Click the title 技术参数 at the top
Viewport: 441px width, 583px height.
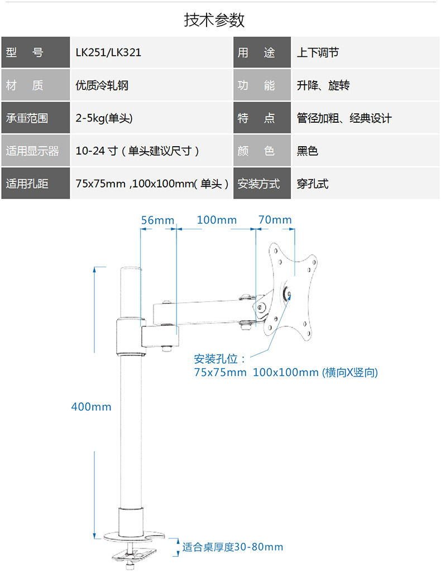point(214,20)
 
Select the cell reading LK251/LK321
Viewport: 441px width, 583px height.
point(108,52)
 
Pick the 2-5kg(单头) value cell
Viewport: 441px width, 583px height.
point(104,118)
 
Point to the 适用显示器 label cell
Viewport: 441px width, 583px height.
point(32,151)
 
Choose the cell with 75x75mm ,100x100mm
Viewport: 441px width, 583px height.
point(152,184)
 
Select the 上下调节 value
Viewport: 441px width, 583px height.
point(318,52)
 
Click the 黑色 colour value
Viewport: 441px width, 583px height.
point(307,151)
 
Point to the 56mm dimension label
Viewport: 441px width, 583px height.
point(157,220)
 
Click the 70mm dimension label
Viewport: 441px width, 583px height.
point(275,220)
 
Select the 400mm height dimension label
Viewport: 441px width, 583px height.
point(91,407)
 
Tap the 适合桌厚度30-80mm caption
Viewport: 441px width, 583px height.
point(232,547)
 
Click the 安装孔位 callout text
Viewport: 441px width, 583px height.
point(220,358)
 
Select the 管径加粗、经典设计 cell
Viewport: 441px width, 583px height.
point(344,118)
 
